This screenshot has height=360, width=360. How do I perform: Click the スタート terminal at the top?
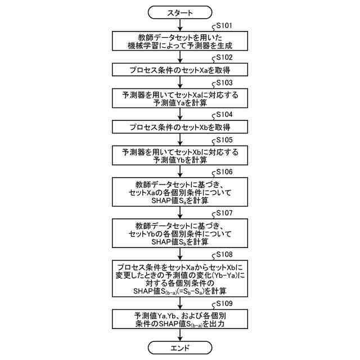(x=180, y=12)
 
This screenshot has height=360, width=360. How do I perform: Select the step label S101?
(x=222, y=26)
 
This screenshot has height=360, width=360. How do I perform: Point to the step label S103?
(x=222, y=83)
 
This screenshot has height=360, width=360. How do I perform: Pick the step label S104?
(x=222, y=114)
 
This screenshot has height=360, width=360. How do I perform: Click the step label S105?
(x=222, y=139)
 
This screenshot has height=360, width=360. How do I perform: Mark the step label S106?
(x=222, y=170)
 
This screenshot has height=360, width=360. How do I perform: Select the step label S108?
(x=222, y=255)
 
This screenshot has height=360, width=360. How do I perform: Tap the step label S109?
(x=222, y=304)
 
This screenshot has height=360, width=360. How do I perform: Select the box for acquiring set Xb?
(x=180, y=126)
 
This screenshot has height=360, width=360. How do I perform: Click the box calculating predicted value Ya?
(x=180, y=100)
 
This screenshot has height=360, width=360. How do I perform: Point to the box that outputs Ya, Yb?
(x=180, y=320)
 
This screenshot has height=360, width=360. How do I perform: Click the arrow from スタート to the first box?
(x=180, y=24)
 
